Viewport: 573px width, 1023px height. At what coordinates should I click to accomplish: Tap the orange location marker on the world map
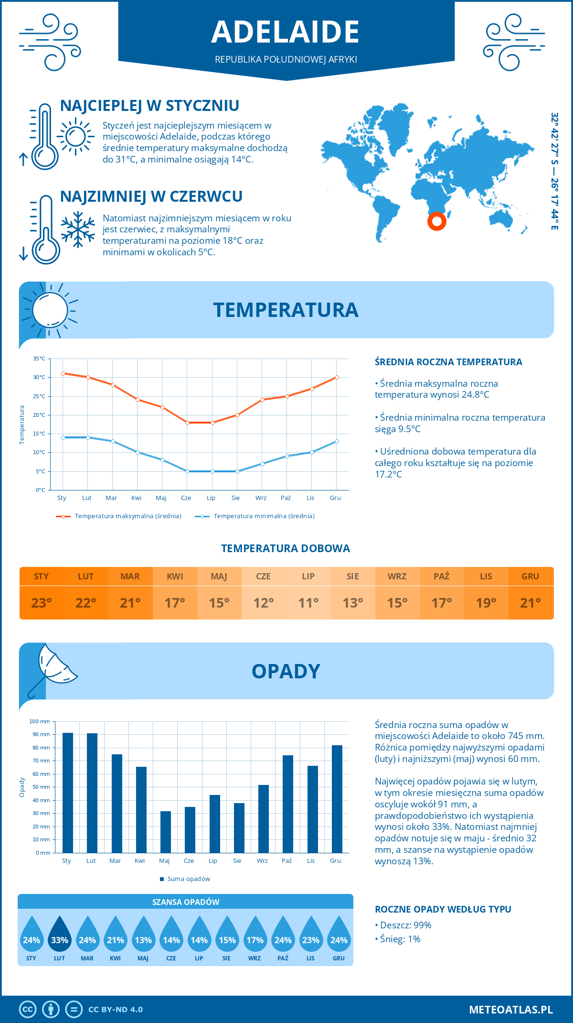pyautogui.click(x=436, y=221)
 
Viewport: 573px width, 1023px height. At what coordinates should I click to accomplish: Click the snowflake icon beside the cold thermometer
pyautogui.click(x=78, y=229)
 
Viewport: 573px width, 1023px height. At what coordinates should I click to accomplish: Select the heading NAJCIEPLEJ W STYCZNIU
pyautogui.click(x=149, y=106)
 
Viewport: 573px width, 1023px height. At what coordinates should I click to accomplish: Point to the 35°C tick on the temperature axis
pyautogui.click(x=39, y=359)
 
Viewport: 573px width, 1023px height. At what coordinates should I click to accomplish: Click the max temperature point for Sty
pyautogui.click(x=63, y=373)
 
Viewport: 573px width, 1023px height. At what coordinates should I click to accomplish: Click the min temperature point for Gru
pyautogui.click(x=337, y=441)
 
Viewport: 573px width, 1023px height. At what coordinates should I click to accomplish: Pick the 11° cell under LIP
pyautogui.click(x=308, y=603)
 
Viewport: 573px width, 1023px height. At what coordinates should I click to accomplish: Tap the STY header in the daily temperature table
pyautogui.click(x=42, y=577)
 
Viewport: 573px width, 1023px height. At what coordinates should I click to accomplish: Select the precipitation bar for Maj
pyautogui.click(x=165, y=832)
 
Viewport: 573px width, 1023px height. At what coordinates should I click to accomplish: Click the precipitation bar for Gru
pyautogui.click(x=337, y=799)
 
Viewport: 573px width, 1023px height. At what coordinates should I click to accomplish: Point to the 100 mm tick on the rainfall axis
pyautogui.click(x=40, y=721)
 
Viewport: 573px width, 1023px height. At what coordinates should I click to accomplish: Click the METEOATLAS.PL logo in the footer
pyautogui.click(x=510, y=1010)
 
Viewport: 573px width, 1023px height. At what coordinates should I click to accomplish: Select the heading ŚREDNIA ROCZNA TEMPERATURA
pyautogui.click(x=448, y=362)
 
